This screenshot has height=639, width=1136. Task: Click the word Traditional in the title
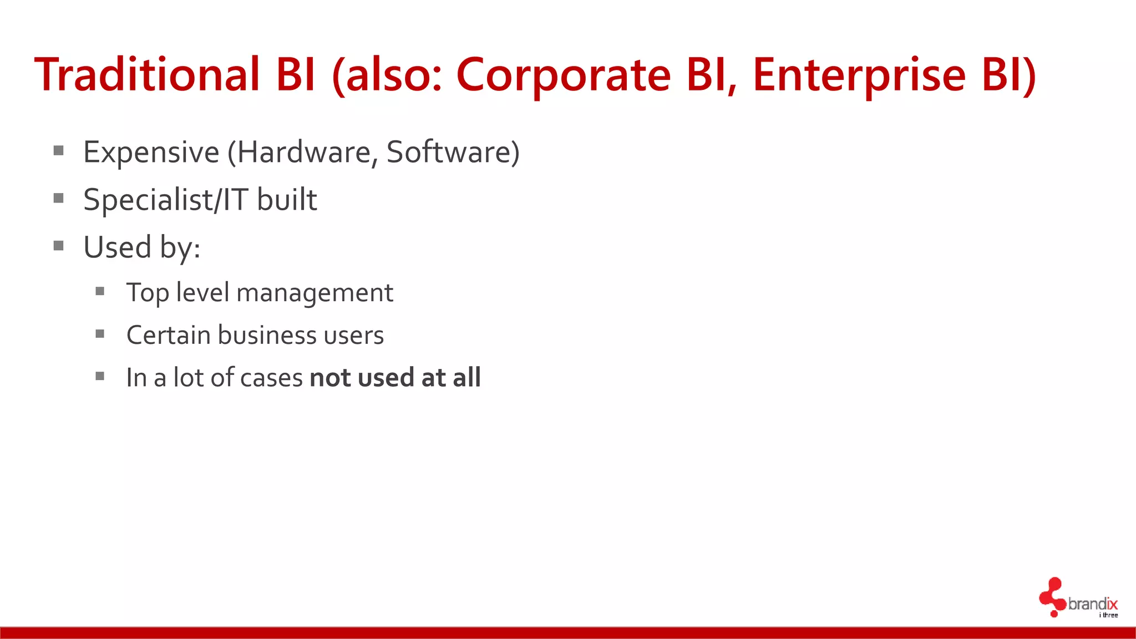pos(147,75)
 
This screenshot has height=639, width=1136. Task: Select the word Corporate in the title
pos(563,75)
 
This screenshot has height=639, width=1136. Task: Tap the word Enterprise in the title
pos(859,75)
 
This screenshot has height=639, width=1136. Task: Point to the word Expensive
pos(151,152)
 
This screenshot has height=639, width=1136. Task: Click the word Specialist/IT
pos(165,200)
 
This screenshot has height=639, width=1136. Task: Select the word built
pos(287,200)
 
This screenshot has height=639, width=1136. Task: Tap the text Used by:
pos(141,247)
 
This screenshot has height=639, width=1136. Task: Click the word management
pos(315,293)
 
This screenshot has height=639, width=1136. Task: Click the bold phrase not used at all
pos(395,378)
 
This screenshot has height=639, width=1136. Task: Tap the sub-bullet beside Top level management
pos(100,291)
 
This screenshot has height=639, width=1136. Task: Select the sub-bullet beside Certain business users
pos(100,333)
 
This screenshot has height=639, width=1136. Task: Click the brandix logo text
pos(1092,603)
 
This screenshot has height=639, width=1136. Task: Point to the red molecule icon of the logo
pos(1052,597)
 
